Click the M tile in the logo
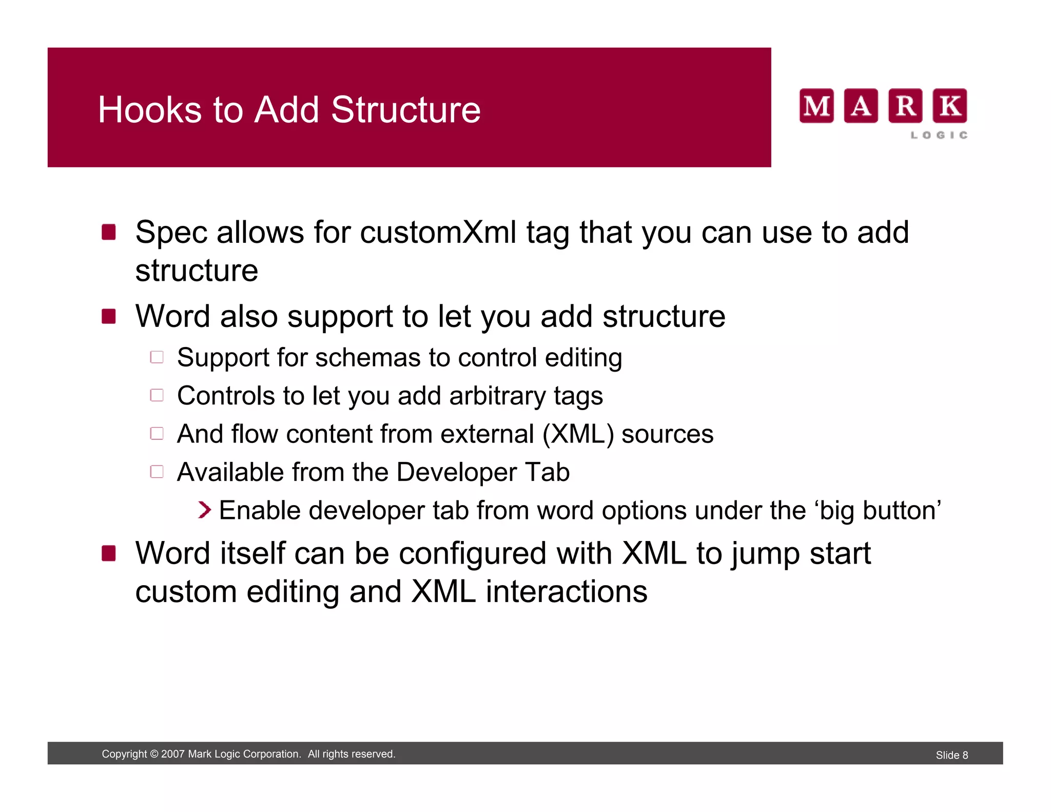[816, 106]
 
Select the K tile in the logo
[949, 106]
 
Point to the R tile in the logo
[905, 106]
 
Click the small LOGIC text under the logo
[939, 135]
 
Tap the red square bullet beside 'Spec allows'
[108, 232]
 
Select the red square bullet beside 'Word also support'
[108, 316]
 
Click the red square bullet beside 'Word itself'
[108, 553]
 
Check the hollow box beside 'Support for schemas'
[157, 357]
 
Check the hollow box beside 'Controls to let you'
[157, 395]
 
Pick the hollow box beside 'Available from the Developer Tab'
[157, 472]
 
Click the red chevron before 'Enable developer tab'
[204, 510]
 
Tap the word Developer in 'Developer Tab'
[456, 472]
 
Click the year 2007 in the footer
[172, 754]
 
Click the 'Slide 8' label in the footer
[951, 755]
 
